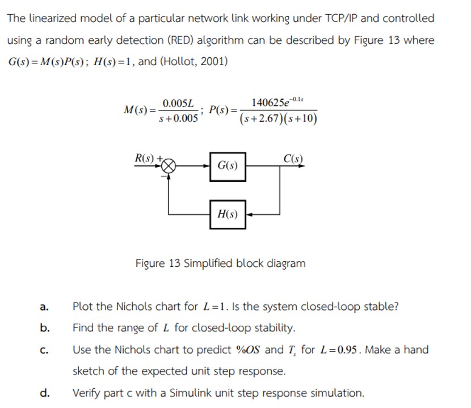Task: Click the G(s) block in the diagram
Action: tap(228, 167)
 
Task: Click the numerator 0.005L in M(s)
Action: tap(178, 103)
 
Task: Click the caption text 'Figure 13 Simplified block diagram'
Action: tap(220, 263)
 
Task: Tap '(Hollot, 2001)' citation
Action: tap(194, 61)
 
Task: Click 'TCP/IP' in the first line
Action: tap(338, 18)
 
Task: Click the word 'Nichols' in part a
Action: tap(134, 307)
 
